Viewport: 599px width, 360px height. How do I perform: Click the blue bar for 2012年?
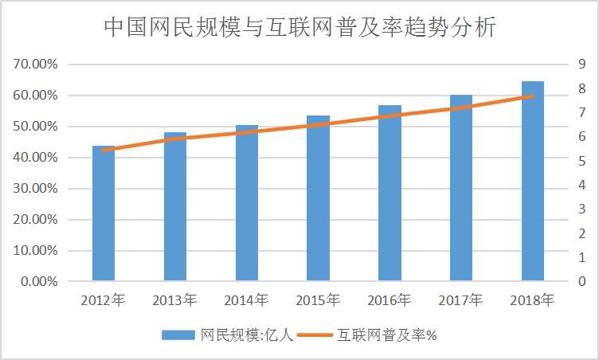[x=104, y=213]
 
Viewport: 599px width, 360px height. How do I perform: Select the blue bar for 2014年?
[x=246, y=203]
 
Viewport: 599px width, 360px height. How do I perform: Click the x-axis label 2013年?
[x=174, y=300]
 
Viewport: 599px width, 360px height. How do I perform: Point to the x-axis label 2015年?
[x=318, y=300]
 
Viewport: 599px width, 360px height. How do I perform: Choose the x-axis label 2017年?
[x=461, y=300]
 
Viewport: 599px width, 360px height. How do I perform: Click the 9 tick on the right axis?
[x=583, y=65]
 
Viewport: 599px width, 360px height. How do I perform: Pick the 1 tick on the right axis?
[x=583, y=258]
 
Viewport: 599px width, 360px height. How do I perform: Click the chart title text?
[x=300, y=28]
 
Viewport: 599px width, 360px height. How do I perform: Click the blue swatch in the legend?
[x=178, y=335]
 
